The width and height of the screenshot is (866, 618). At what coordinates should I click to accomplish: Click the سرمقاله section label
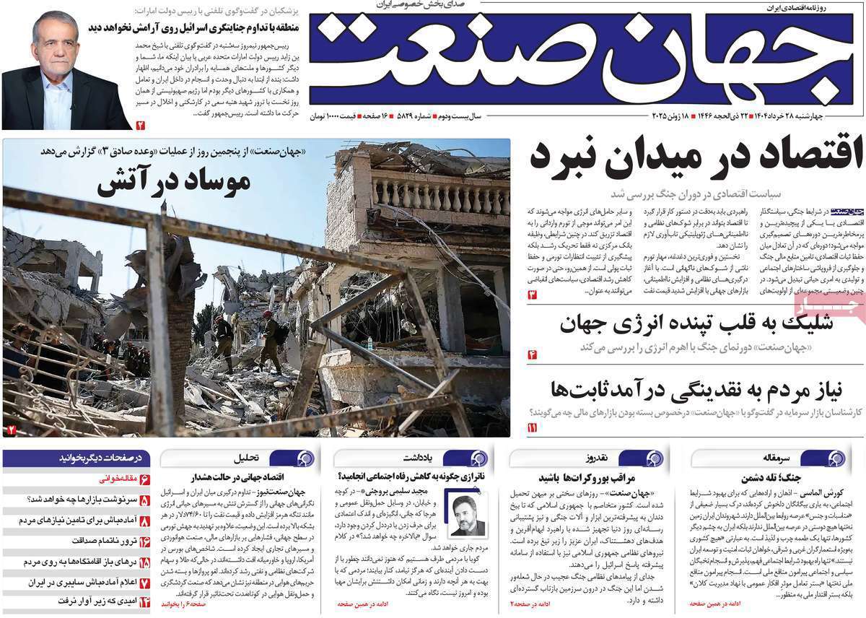pyautogui.click(x=789, y=458)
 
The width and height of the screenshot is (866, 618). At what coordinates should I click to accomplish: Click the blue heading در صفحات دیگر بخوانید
pyautogui.click(x=100, y=458)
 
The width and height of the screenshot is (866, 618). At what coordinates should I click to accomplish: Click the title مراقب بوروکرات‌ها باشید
pyautogui.click(x=577, y=478)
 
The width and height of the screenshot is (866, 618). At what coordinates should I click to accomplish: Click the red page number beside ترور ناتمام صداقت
pyautogui.click(x=144, y=541)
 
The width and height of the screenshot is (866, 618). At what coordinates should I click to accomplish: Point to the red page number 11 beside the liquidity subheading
pyautogui.click(x=533, y=428)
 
